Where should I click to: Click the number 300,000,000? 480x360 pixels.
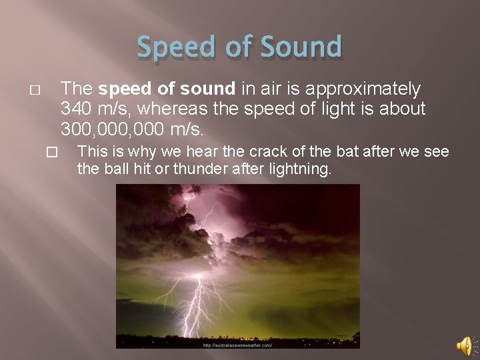click(x=111, y=127)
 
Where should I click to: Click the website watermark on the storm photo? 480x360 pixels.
click(x=237, y=345)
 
